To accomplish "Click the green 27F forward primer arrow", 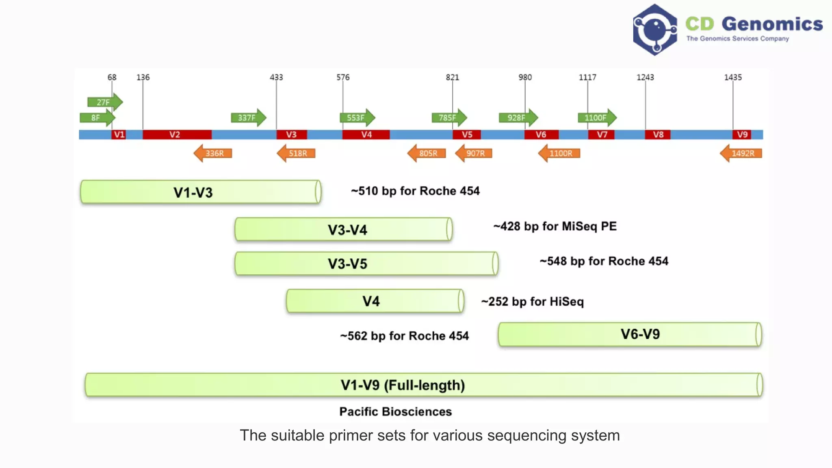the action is point(105,102).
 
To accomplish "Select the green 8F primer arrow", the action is point(97,118).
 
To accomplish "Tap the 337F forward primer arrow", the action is point(249,118).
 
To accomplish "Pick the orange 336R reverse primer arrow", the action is point(213,153).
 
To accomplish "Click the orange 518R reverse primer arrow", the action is point(296,153).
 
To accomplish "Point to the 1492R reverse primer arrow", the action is point(741,153).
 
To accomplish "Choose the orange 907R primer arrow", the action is point(474,153).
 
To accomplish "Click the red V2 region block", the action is point(177,134).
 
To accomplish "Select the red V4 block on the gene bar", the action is point(366,134).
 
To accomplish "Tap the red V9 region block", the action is point(742,134).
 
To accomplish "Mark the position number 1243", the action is point(645,77).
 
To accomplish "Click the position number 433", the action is point(276,77).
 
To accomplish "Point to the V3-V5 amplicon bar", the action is point(366,264).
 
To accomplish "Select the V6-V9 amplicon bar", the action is point(630,334).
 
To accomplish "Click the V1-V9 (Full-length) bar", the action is point(424,385).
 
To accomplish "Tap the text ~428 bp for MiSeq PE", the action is point(555,226).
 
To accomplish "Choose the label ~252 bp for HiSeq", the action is point(533,301).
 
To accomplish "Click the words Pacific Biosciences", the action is point(396,412).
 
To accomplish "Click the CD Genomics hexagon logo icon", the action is point(655,30).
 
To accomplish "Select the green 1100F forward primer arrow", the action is point(597,118).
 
